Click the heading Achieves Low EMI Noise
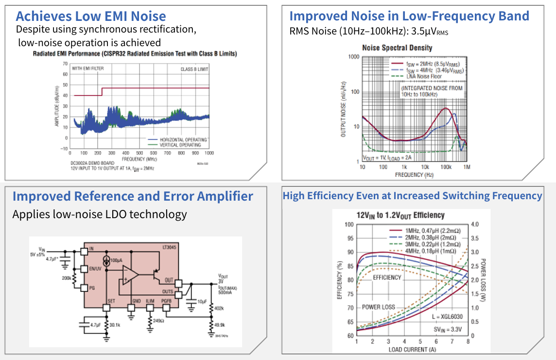pyautogui.click(x=91, y=17)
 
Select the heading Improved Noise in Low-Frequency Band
pyautogui.click(x=409, y=16)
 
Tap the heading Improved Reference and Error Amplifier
pyautogui.click(x=133, y=196)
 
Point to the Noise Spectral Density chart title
pyautogui.click(x=397, y=48)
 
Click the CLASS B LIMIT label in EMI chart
pyautogui.click(x=195, y=69)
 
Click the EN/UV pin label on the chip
pyautogui.click(x=95, y=268)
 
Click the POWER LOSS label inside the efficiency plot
pyautogui.click(x=379, y=307)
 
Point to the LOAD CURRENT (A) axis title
pyautogui.click(x=412, y=349)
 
